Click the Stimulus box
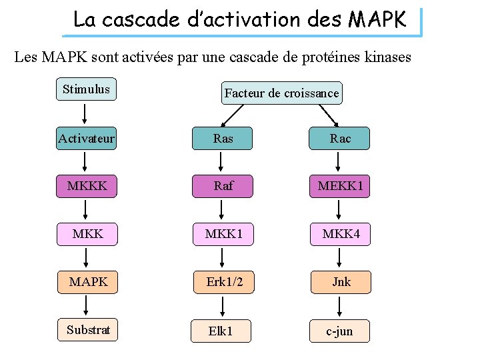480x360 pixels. tap(86, 89)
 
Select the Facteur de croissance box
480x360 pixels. tap(281, 93)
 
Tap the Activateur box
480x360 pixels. tap(86, 139)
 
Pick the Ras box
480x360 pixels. tap(223, 139)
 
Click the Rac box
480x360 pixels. tap(340, 139)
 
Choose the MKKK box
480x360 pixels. tap(87, 186)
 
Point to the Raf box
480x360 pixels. tap(223, 186)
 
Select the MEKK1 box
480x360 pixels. tap(340, 186)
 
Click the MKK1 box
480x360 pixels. tap(223, 234)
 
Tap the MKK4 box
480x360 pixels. tap(340, 234)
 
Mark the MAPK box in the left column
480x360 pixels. tap(88, 282)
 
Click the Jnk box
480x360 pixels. tap(340, 282)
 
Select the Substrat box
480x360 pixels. tap(88, 329)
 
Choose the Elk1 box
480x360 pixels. tap(221, 331)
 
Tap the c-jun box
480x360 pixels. tap(340, 331)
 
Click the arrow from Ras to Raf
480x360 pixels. tap(221, 162)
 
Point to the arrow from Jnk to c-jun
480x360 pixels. tap(340, 306)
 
